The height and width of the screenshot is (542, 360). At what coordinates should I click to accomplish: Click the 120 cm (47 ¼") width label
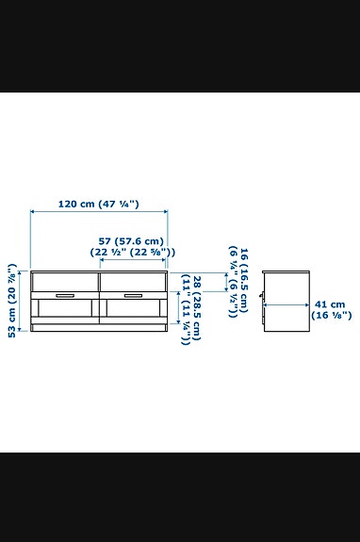click(99, 204)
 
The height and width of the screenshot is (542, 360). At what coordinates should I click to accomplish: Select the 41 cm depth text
click(330, 304)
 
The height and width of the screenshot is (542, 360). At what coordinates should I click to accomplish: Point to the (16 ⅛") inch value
click(333, 315)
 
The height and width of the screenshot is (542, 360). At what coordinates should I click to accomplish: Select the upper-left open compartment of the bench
click(64, 280)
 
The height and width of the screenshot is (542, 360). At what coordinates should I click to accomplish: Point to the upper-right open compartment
click(133, 280)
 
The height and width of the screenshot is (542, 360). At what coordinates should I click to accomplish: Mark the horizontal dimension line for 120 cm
click(99, 214)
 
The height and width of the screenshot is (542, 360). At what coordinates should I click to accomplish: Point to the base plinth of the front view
click(99, 329)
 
